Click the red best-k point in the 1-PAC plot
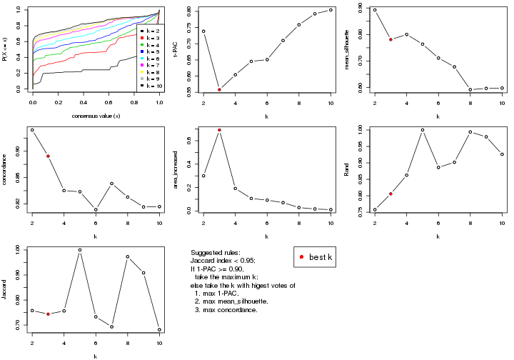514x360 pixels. [219, 89]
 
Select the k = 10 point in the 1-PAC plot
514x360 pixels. [331, 10]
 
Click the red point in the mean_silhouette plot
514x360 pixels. [390, 39]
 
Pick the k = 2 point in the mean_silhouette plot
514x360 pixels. [375, 10]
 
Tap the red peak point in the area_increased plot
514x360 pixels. [219, 130]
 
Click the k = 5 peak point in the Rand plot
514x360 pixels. [423, 130]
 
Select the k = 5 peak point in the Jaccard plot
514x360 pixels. [80, 250]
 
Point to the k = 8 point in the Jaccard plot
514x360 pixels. [128, 256]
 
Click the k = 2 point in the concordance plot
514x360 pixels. [32, 130]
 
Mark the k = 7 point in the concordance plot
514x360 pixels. [111, 184]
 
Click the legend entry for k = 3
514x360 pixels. [151, 39]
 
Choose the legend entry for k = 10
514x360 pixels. [151, 86]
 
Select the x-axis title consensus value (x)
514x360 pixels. [96, 116]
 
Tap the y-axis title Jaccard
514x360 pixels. [6, 289]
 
